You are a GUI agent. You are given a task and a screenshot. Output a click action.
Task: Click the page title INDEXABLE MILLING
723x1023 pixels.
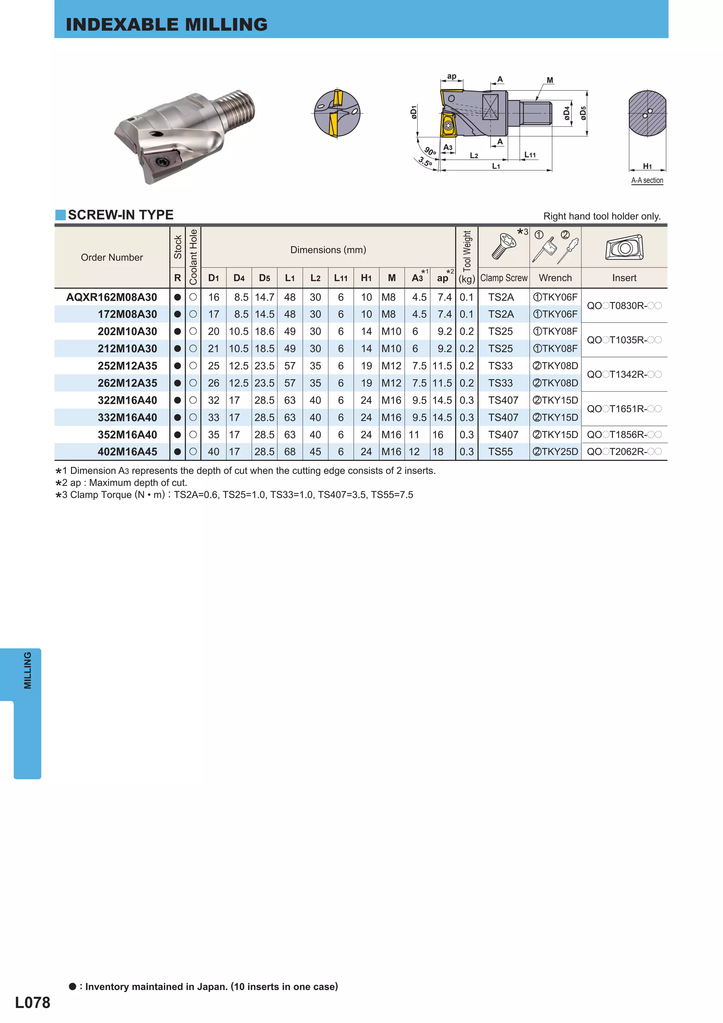pos(167,24)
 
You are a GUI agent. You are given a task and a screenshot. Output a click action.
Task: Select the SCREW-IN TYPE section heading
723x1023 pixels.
pos(120,215)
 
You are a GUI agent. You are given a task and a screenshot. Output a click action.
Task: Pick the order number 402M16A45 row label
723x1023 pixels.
pos(127,452)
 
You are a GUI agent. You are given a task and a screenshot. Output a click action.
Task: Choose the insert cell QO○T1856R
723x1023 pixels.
pos(624,435)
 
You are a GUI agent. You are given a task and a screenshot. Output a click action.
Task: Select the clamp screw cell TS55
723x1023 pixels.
pos(500,452)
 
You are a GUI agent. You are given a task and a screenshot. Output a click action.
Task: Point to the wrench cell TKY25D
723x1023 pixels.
pos(556,452)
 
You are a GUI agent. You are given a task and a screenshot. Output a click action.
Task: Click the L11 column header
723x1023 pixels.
pos(341,278)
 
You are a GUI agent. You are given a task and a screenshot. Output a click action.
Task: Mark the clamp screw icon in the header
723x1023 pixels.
pos(502,246)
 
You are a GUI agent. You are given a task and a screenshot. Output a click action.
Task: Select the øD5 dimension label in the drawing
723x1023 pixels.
pos(583,113)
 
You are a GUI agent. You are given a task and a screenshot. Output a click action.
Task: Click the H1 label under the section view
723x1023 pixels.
pos(647,166)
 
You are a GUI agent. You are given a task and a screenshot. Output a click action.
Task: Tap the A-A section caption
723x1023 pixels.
pos(647,180)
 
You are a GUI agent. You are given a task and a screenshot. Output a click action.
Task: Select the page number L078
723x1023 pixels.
pos(32,1003)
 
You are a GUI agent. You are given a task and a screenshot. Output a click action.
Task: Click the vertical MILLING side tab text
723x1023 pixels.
pos(28,671)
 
